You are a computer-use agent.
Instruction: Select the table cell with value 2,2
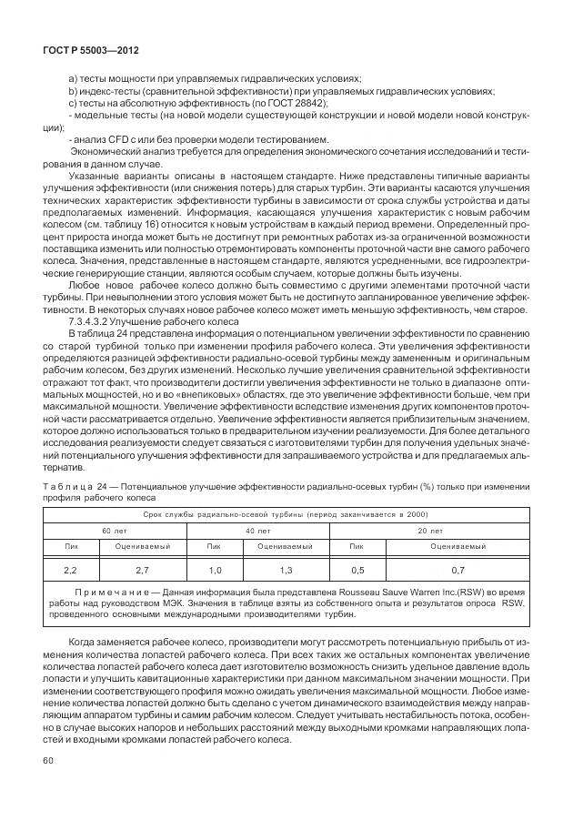pos(71,570)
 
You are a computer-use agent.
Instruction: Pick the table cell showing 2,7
pos(142,570)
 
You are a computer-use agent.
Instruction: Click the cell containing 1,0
pos(215,570)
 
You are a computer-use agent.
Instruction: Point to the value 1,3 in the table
pos(286,570)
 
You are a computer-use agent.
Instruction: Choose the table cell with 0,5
pos(357,570)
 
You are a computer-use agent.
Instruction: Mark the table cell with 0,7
pos(457,570)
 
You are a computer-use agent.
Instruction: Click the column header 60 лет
pos(114,530)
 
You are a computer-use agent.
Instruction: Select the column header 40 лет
pos(256,530)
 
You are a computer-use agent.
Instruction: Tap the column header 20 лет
pos(430,530)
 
